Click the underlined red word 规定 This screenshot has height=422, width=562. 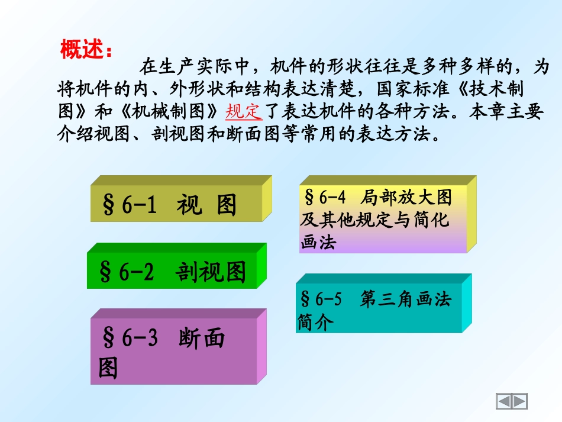[x=244, y=111]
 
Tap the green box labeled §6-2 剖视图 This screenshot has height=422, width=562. [x=172, y=272]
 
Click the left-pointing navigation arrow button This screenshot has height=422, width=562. [x=504, y=401]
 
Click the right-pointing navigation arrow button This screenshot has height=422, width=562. [x=519, y=401]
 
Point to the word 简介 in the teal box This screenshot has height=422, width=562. [x=316, y=323]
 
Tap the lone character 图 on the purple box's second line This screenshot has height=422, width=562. [x=108, y=368]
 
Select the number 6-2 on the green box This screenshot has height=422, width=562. [x=136, y=272]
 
